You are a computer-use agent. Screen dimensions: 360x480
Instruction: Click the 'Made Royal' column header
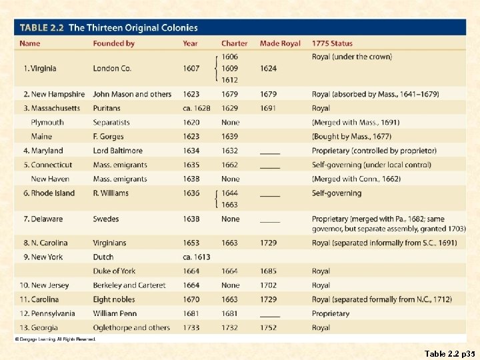point(280,43)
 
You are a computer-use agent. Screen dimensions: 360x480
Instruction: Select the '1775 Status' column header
point(333,43)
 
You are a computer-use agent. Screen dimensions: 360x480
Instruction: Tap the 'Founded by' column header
point(113,43)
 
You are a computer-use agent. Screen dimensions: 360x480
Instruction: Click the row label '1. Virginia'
point(40,68)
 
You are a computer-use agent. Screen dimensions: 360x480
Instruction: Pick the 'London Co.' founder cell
point(112,68)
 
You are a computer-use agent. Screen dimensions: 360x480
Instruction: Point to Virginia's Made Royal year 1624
point(268,68)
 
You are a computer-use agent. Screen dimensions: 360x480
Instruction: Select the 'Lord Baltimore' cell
point(117,151)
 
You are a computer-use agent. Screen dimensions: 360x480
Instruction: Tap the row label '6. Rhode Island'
point(49,193)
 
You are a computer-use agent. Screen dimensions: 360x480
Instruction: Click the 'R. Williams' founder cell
point(111,193)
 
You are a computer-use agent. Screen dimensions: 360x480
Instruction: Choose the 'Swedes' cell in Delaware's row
point(106,219)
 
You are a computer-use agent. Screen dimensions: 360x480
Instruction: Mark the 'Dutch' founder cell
point(103,257)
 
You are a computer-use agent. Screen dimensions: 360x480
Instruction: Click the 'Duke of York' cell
point(114,271)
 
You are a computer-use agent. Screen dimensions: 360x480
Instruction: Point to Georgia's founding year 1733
point(191,327)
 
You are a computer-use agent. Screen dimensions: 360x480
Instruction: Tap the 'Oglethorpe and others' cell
point(131,327)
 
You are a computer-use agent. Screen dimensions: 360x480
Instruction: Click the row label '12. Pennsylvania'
point(49,313)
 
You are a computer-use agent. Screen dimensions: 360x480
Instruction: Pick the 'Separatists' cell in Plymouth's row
point(111,123)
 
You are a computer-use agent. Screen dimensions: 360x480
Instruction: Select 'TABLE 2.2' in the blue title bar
point(41,28)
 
